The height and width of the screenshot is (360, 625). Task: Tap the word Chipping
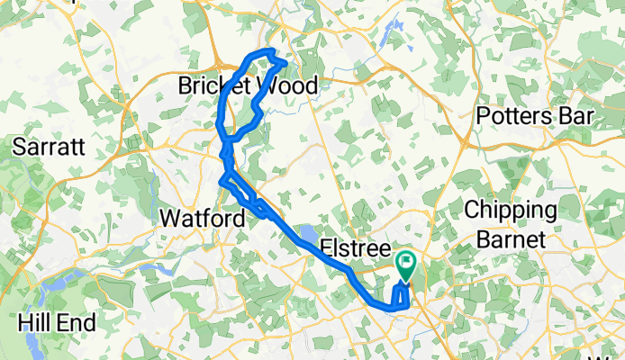point(511,211)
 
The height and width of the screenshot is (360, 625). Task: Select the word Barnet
point(511,239)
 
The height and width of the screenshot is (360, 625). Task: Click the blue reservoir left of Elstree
point(307,236)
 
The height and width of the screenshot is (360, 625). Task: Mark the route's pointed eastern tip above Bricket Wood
point(286,62)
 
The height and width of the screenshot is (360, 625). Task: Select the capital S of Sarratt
point(19,147)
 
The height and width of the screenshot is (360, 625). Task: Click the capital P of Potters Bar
point(482,117)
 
